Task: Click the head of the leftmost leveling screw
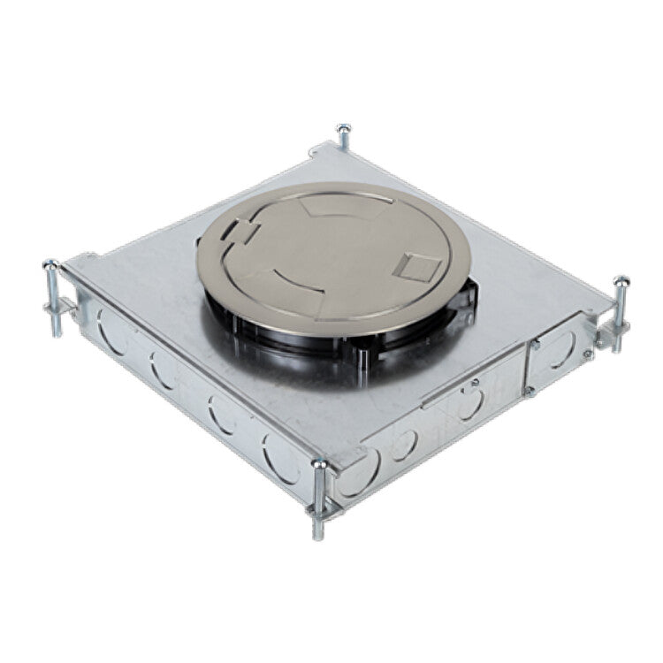click(51, 264)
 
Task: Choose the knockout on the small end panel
click(560, 352)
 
